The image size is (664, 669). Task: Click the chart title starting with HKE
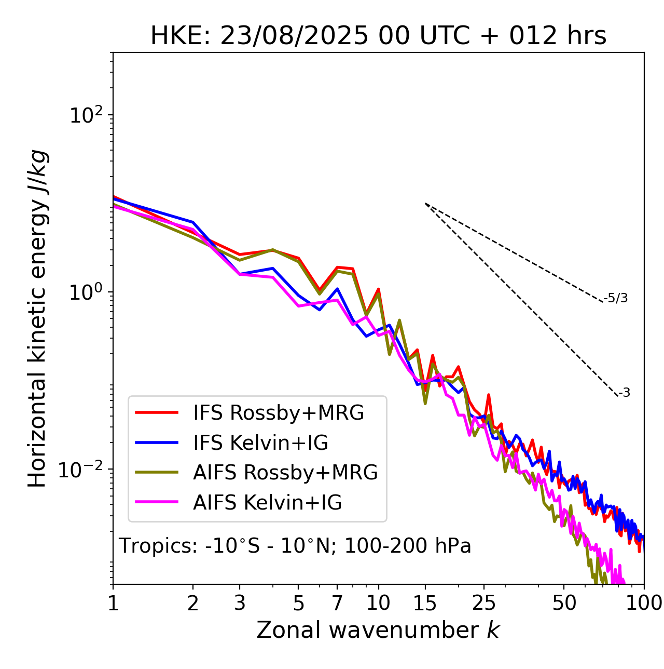pos(378,36)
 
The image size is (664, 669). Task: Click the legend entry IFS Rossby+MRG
pos(278,413)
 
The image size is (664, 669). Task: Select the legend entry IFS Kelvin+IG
pos(260,443)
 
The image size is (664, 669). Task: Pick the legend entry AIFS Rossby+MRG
pos(285,473)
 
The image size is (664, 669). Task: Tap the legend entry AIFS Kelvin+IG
pos(267,503)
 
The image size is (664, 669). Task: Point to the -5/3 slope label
pos(616,298)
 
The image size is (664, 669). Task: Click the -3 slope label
pos(624,393)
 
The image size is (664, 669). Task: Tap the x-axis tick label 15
pos(425,603)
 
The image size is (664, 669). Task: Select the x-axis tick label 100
pos(644,603)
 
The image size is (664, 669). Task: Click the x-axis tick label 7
pos(337,603)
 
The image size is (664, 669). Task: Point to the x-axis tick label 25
pos(484,603)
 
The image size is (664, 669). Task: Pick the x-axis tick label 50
pos(564,603)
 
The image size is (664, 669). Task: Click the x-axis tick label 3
pos(240,603)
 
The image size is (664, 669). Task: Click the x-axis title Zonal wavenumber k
pos(378,630)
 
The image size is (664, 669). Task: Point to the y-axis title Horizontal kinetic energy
pos(37,318)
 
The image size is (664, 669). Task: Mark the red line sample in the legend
pos(157,413)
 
